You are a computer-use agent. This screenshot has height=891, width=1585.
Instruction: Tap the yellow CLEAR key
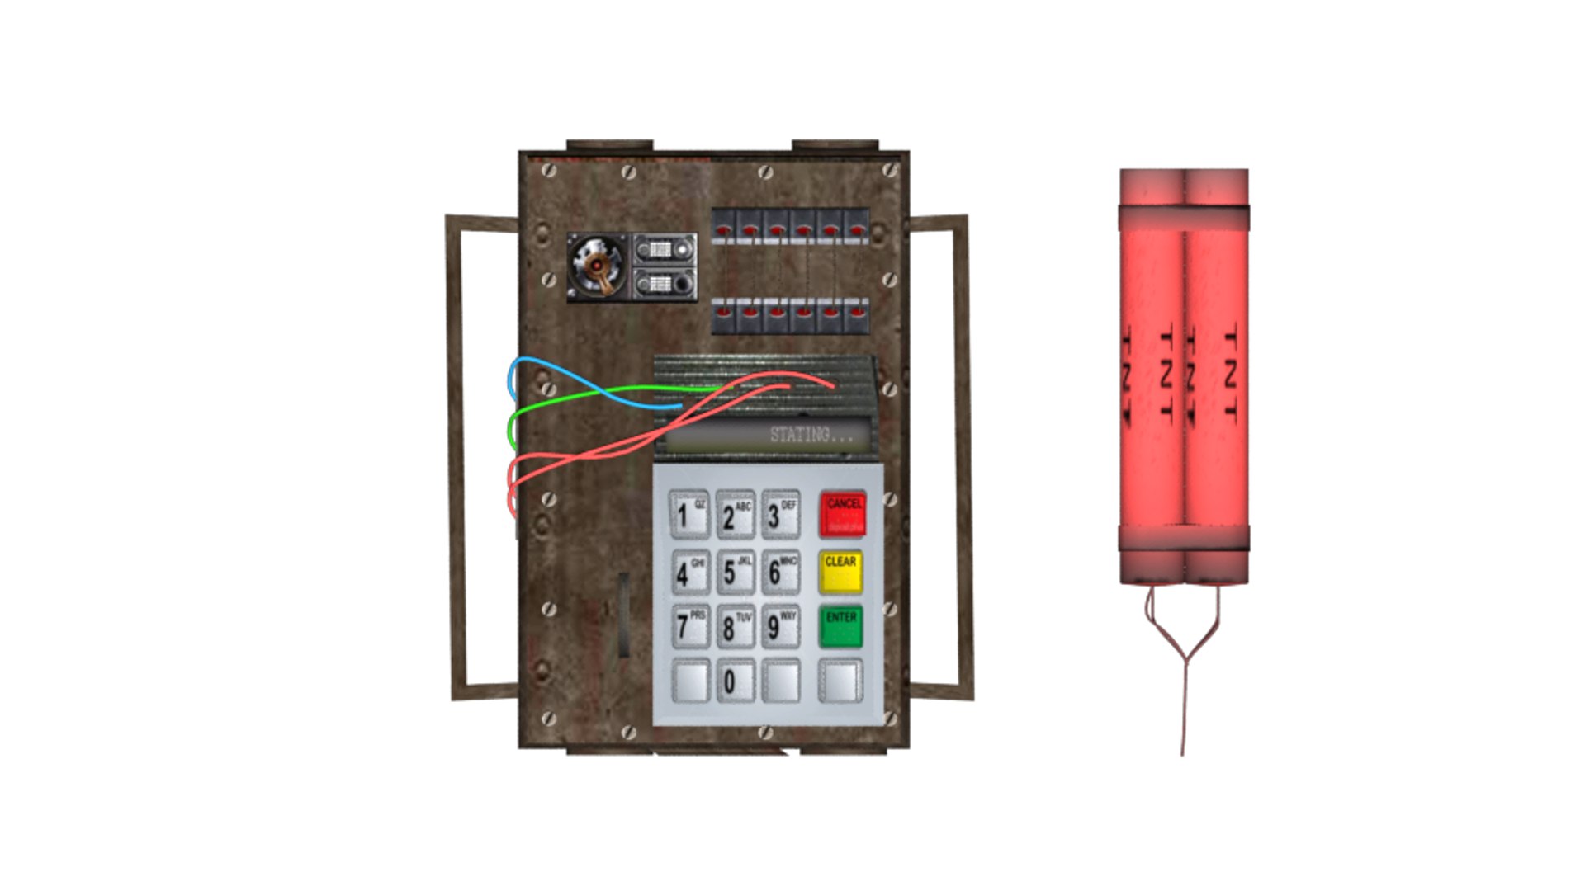[x=840, y=572]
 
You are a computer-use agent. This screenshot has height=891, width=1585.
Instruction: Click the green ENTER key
[x=840, y=627]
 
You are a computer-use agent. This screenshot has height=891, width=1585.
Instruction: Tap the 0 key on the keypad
[x=734, y=681]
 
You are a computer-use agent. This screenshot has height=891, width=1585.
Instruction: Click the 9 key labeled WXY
[x=779, y=627]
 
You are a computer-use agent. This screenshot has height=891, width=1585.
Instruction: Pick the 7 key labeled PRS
[x=688, y=627]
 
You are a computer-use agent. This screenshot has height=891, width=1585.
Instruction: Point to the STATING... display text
[x=810, y=435]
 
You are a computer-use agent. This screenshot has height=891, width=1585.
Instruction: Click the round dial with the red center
[x=596, y=266]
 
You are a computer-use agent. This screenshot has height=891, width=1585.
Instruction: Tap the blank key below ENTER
[x=840, y=681]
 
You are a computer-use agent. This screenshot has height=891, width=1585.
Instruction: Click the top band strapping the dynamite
[x=1184, y=217]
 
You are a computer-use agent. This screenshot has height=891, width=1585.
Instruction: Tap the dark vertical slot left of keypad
[x=624, y=614]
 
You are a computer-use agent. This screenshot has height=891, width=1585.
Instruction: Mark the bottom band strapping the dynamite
[x=1184, y=539]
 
